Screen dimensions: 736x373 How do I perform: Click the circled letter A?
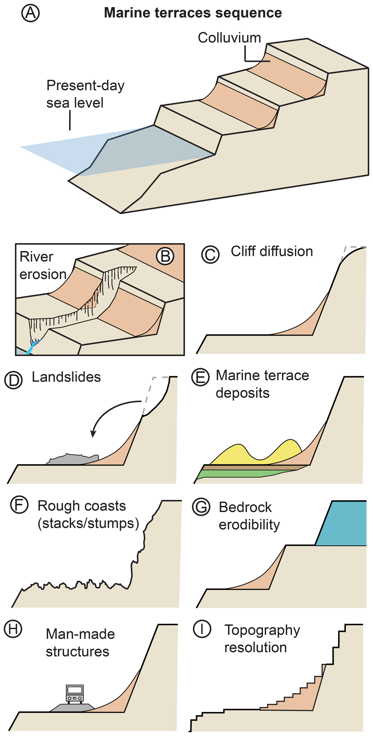coord(30,13)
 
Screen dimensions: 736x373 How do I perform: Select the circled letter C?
coord(210,254)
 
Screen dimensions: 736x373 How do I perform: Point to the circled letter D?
coord(13,380)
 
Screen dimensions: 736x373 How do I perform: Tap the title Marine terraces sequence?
coord(193,13)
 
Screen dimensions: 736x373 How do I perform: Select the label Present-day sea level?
coord(85,94)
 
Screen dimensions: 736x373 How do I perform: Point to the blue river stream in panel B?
coord(31,347)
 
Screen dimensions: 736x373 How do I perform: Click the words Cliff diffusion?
coord(272,251)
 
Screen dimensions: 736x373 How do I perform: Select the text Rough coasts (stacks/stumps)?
coord(88,515)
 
